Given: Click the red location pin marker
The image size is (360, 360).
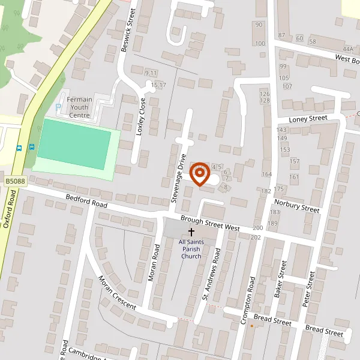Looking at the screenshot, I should click(199, 175).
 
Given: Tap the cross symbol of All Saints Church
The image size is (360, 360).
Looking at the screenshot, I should click(192, 232).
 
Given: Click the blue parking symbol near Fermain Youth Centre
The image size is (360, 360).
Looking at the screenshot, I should click(58, 107).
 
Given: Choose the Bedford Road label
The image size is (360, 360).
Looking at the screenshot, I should click(86, 202).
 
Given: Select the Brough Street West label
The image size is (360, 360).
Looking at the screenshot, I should click(210, 224).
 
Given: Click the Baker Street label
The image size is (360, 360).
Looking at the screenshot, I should click(278, 278).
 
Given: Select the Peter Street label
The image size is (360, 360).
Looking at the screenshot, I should click(308, 289).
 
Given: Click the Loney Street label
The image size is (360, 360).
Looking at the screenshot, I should click(308, 119).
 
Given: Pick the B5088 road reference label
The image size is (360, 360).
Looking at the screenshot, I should click(15, 181).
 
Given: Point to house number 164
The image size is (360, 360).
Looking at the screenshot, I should click(267, 175).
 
